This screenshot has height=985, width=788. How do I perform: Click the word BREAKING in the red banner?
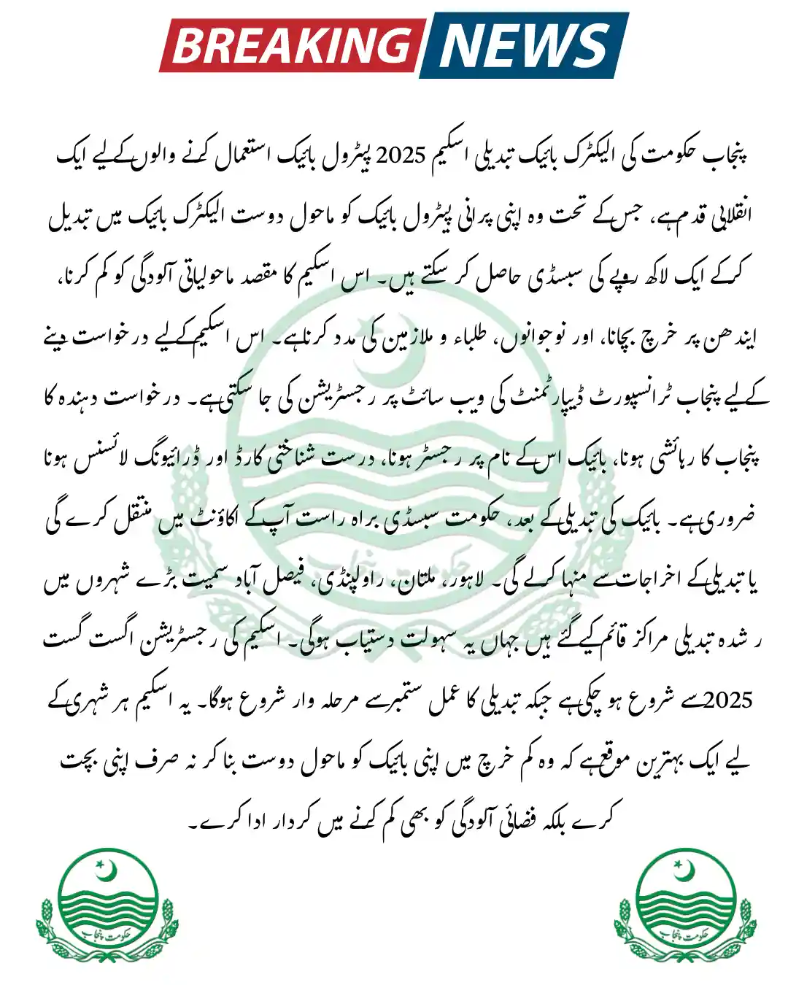[290, 45]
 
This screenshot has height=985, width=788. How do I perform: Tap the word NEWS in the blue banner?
[524, 45]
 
